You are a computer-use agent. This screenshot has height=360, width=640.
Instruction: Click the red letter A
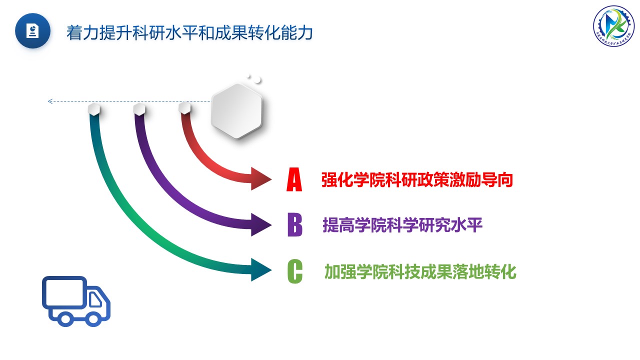(294, 180)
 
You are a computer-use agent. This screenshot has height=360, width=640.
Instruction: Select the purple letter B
(295, 225)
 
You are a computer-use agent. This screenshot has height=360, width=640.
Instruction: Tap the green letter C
(295, 271)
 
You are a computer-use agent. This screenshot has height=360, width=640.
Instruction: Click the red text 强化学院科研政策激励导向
(417, 180)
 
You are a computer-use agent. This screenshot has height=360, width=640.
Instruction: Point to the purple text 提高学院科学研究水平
(402, 225)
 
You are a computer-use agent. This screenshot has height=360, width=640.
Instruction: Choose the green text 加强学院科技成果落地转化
(420, 272)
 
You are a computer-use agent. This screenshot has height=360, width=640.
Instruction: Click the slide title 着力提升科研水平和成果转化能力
(189, 32)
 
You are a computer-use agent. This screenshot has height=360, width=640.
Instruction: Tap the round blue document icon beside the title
(33, 31)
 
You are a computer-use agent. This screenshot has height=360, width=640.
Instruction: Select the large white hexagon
(236, 111)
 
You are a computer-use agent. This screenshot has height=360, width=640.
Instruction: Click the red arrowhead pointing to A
(261, 178)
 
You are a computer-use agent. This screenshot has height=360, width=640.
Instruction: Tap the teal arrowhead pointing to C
(261, 270)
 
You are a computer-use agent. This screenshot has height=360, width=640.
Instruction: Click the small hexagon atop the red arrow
(184, 107)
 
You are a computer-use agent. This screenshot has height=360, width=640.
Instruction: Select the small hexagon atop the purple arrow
(139, 108)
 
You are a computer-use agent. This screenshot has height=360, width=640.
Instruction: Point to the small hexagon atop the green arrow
(94, 109)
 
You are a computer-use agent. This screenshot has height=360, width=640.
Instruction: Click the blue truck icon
(75, 301)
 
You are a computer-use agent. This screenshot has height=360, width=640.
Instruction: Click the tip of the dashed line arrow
(49, 101)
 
